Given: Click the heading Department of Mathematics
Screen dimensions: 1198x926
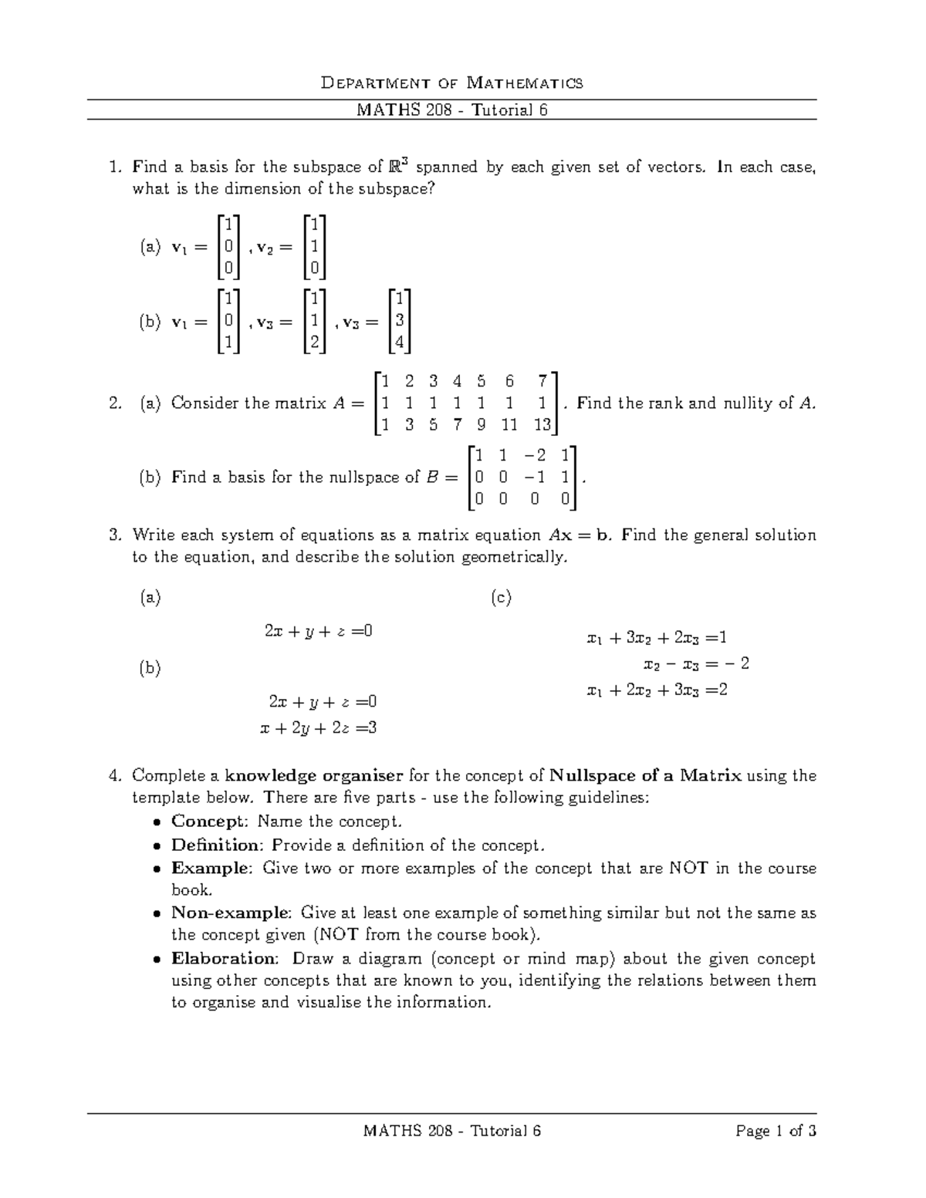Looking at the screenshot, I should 451,83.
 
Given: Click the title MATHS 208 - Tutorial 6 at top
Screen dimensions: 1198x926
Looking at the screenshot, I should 451,110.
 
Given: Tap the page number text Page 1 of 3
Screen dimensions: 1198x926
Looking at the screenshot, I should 776,1131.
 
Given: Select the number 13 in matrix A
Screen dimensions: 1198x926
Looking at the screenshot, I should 543,424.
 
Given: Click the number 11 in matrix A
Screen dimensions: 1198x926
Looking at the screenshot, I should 509,424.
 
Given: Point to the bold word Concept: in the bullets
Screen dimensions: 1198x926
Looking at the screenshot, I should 211,821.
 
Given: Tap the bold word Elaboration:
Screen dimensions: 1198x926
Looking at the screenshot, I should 224,959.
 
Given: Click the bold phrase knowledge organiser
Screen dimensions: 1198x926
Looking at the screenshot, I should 314,775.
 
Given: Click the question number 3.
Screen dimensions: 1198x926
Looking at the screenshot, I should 116,535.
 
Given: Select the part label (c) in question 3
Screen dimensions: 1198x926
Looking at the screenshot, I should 501,597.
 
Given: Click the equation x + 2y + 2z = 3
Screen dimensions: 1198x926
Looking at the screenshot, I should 319,727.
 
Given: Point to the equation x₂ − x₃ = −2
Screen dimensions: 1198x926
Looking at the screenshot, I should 696,664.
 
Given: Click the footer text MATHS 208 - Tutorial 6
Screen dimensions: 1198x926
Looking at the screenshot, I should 451,1131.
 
